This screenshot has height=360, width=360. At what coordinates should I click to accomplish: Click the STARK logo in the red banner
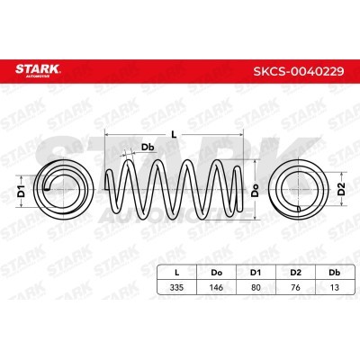(x=38, y=70)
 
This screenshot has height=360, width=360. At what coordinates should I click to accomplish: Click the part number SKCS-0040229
(x=299, y=71)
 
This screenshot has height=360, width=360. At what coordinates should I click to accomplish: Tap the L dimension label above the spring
(x=174, y=135)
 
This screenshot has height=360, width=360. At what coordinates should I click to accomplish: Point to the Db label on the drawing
(x=148, y=148)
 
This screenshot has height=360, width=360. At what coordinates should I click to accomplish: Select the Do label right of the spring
(x=255, y=190)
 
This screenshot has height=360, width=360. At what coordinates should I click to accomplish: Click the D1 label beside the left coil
(x=21, y=192)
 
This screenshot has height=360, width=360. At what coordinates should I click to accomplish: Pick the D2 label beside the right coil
(x=342, y=189)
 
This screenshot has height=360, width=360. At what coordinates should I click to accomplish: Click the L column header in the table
(x=177, y=273)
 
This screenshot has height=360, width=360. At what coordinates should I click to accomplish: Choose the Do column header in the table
(x=216, y=273)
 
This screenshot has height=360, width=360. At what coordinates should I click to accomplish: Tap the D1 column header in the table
(x=256, y=273)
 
